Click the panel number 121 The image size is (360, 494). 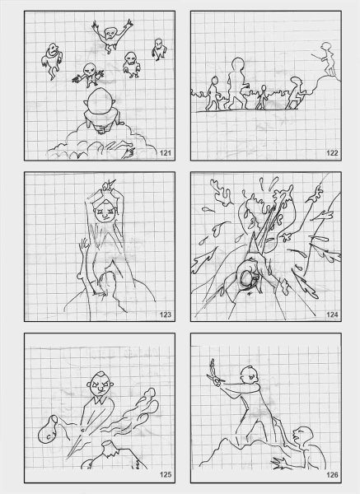pos(166,153)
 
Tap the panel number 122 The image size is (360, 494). pos(332,153)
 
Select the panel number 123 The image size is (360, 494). pos(166,315)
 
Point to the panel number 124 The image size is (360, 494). pos(332,315)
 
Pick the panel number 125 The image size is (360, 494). pos(166,475)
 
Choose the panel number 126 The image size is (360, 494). pos(332,475)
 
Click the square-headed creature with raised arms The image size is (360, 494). pos(111,35)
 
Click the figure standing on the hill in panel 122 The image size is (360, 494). pos(327,59)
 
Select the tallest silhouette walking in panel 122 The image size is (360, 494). pos(236,82)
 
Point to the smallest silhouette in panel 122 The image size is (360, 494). pos(262,97)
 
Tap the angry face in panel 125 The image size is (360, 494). pos(101,385)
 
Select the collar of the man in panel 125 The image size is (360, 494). pos(100,399)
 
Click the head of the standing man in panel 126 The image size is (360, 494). pos(250,375)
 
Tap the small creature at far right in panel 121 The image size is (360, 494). pos(160,49)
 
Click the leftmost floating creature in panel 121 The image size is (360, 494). pos(52,61)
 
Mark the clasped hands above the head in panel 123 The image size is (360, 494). pos(106,187)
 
